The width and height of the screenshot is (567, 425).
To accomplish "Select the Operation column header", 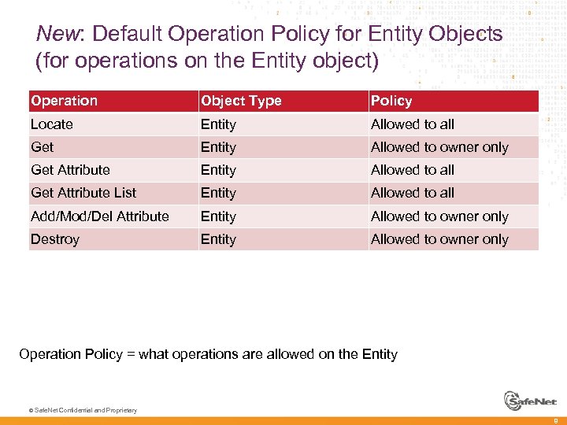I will (64, 101).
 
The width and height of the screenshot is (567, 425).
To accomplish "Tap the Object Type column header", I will (241, 101).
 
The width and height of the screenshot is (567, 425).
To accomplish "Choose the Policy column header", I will (391, 101).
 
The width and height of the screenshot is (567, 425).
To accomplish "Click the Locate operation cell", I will (52, 124).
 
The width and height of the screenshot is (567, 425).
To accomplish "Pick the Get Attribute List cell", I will (83, 193).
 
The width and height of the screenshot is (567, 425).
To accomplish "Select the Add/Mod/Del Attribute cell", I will (100, 216).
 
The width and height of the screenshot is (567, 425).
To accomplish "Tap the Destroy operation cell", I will (55, 239).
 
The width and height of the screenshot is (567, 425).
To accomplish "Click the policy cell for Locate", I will (413, 124).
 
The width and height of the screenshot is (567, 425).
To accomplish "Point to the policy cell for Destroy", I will (439, 239).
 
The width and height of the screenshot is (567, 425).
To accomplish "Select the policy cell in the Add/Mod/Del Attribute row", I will (439, 216).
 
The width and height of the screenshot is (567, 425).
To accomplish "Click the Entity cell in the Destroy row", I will (218, 239).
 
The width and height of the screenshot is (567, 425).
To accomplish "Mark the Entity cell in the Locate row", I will (218, 124).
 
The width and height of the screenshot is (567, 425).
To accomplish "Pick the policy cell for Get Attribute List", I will (413, 193).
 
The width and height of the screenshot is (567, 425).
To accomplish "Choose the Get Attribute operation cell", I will (70, 170).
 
